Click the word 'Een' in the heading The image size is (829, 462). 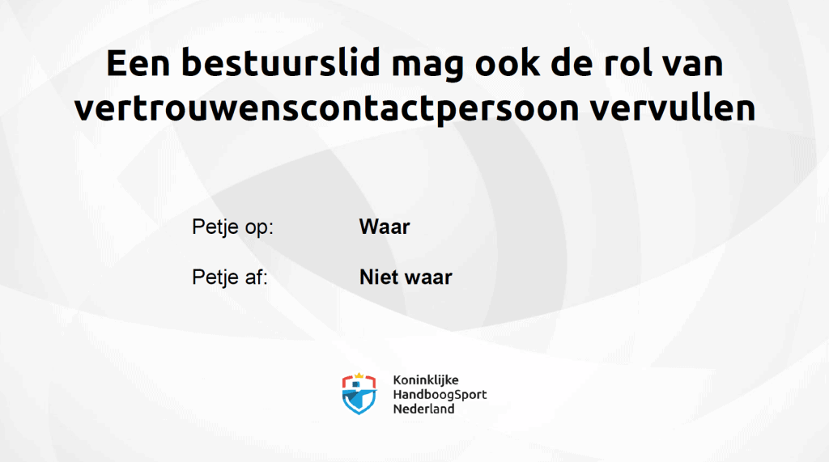(x=138, y=62)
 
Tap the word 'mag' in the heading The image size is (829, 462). (x=427, y=66)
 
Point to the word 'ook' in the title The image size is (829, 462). (x=507, y=62)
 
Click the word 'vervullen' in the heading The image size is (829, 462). (x=673, y=107)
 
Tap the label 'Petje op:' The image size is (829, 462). (x=232, y=227)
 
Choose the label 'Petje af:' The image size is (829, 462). (x=230, y=277)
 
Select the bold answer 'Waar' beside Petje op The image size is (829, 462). (x=385, y=227)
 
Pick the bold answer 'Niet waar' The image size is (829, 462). (x=406, y=277)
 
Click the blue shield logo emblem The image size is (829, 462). (x=359, y=394)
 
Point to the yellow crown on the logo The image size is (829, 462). (x=359, y=376)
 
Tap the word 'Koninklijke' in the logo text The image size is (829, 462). (x=426, y=380)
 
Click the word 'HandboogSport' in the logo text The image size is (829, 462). (x=440, y=395)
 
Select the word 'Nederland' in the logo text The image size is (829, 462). (x=423, y=409)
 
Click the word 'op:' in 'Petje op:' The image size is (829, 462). (x=258, y=228)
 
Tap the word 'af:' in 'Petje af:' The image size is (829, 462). (x=255, y=277)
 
